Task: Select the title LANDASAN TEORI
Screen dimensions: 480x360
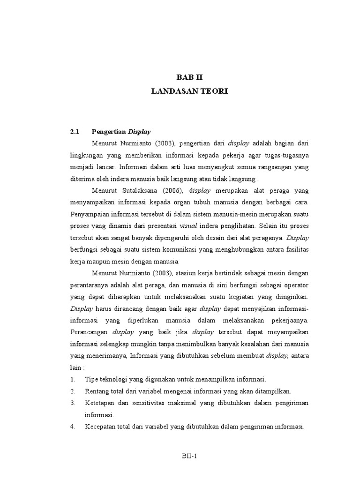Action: (189, 91)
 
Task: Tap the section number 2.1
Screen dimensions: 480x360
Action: (75, 132)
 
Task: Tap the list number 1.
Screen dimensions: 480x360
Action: (72, 379)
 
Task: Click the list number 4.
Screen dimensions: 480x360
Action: (73, 427)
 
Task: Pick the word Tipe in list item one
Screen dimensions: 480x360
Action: (91, 379)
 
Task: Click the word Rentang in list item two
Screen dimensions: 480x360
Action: (97, 391)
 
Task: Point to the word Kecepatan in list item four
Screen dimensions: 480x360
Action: (100, 427)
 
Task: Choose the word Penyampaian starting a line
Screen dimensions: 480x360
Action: (94, 214)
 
